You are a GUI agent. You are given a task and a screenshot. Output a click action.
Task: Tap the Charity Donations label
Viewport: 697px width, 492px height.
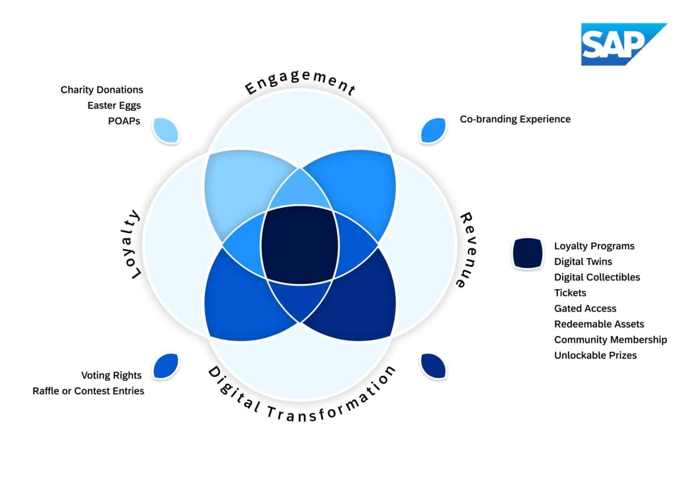pos(102,90)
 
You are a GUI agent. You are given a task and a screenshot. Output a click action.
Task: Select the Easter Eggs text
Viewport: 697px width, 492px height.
pos(114,105)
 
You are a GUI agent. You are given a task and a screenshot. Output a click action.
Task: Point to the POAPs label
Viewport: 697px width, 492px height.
pos(124,121)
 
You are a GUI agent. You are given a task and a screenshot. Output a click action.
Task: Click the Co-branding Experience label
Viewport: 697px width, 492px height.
pos(515,119)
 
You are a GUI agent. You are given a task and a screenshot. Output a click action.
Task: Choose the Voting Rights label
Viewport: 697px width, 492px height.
pos(111,375)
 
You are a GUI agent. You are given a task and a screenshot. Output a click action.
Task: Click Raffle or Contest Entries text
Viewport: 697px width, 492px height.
pos(88,391)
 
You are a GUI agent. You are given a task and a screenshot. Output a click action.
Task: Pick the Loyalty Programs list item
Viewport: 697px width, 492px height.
pos(594,246)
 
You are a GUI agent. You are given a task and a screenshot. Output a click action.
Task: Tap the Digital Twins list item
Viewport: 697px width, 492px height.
pos(583,261)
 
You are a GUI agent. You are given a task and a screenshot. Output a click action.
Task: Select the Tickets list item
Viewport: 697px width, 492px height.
pos(570,293)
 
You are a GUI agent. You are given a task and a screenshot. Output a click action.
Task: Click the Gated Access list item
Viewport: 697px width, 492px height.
pos(585,309)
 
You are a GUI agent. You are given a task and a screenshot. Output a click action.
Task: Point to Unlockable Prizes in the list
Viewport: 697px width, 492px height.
pos(595,355)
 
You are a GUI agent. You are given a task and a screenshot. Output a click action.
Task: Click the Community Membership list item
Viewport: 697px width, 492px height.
pos(610,339)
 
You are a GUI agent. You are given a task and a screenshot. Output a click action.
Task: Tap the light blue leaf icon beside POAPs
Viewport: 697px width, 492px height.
pos(166,130)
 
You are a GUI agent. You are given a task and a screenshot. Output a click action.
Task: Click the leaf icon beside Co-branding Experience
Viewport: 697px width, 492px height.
pos(433,130)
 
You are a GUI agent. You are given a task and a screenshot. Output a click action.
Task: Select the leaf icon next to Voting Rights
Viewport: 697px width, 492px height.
pos(166,366)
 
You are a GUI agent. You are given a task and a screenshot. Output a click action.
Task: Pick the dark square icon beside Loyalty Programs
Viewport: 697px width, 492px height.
pos(528,253)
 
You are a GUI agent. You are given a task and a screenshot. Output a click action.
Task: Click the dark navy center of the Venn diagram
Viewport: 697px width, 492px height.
pos(299,245)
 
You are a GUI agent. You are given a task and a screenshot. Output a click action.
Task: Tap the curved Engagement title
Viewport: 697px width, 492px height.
pos(299,82)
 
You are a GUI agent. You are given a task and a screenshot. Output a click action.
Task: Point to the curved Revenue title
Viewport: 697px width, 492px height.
pos(469,250)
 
